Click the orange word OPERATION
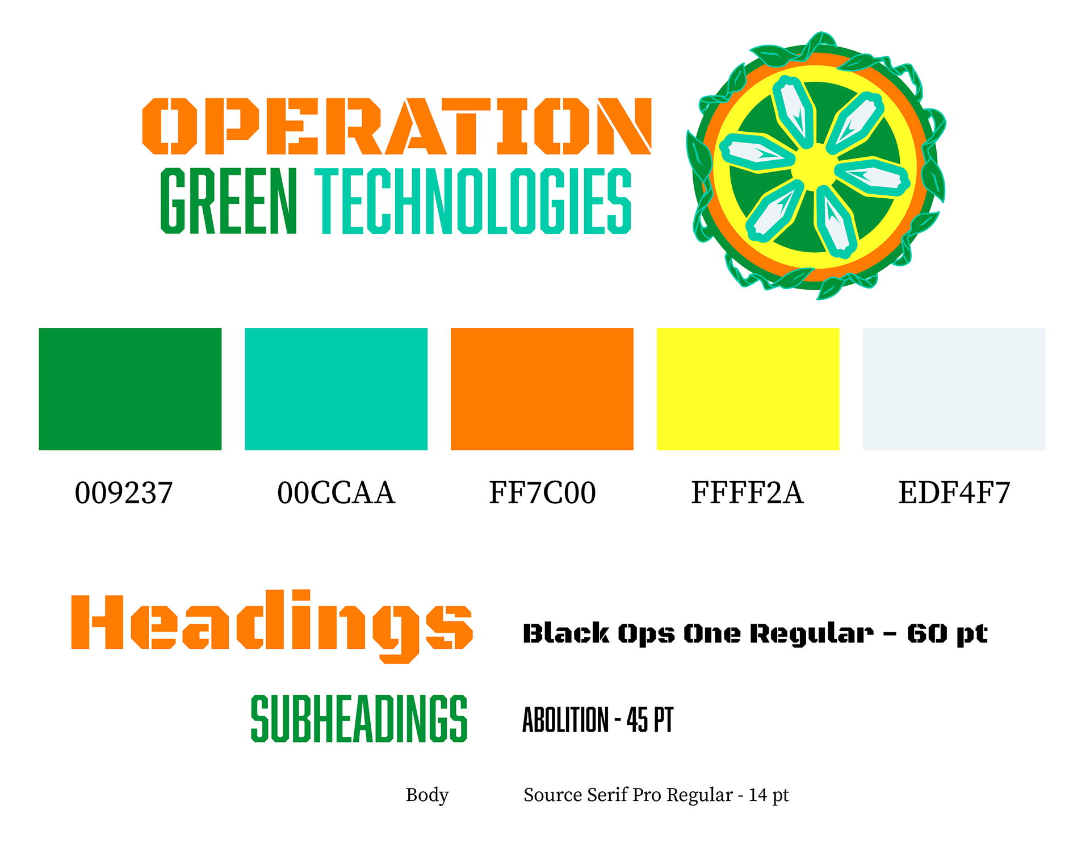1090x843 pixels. (397, 126)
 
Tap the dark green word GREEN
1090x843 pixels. (229, 201)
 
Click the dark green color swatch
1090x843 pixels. (130, 389)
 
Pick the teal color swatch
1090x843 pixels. (336, 389)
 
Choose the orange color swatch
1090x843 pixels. (542, 389)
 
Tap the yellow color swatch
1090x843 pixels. (748, 389)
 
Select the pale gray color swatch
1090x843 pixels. (954, 389)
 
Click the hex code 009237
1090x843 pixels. (124, 493)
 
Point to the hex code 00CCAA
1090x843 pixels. (336, 493)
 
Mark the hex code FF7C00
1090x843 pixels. (543, 493)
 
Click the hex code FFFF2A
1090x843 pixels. (748, 493)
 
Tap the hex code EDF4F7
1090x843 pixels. (954, 493)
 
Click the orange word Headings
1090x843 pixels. (272, 627)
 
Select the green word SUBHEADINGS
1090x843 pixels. (359, 719)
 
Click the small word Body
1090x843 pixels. (427, 795)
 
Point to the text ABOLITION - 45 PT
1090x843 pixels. (598, 720)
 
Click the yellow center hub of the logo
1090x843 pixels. (815, 166)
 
